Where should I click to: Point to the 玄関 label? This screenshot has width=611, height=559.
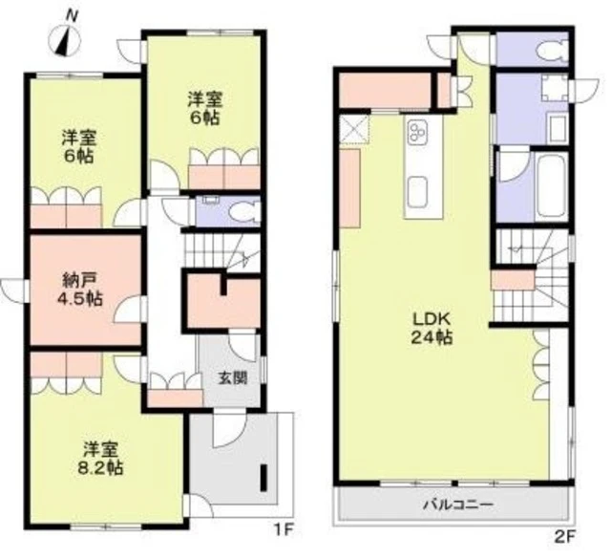(x=232, y=377)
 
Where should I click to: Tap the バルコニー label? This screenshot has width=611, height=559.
(x=458, y=505)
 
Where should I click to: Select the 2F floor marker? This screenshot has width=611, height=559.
(x=564, y=536)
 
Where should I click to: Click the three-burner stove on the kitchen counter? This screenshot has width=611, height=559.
(x=418, y=132)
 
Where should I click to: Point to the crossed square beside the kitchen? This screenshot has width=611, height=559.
(x=354, y=129)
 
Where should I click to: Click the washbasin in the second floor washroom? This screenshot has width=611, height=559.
(x=557, y=128)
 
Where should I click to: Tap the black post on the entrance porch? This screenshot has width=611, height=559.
(x=263, y=478)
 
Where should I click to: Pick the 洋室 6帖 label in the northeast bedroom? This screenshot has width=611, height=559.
(x=205, y=108)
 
